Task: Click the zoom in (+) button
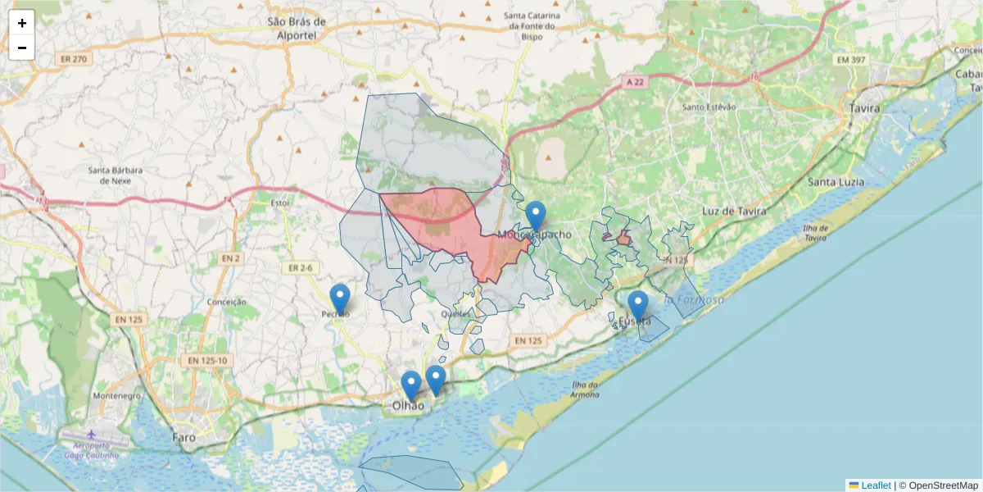[x=22, y=23]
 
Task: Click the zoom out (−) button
[x=22, y=48]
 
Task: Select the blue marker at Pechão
[x=339, y=299]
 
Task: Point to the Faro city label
[x=184, y=437]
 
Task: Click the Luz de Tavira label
[x=734, y=211]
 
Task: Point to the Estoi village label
[x=280, y=202]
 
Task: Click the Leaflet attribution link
[x=876, y=485]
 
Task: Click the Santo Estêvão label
[x=709, y=107]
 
